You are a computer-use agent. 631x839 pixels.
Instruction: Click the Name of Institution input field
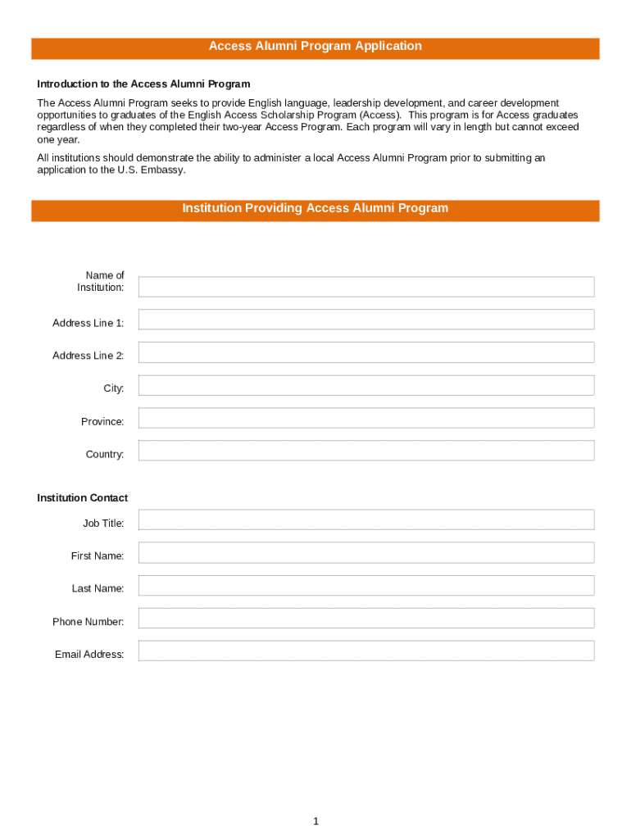click(x=365, y=287)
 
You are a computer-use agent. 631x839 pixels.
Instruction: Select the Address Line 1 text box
click(x=365, y=320)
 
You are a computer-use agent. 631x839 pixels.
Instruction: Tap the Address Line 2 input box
click(x=365, y=352)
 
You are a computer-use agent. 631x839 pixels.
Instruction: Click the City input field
click(x=365, y=385)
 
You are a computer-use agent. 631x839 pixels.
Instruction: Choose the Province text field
click(x=365, y=418)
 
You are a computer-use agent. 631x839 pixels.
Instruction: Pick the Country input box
click(x=365, y=451)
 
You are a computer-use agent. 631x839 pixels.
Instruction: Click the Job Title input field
click(x=365, y=519)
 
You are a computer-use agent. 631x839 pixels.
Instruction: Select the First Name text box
click(x=365, y=552)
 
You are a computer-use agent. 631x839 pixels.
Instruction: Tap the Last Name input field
click(x=365, y=585)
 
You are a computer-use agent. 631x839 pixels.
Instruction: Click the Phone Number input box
click(x=365, y=618)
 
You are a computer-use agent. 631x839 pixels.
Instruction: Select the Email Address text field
click(x=365, y=651)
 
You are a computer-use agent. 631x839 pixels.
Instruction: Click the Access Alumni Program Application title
click(x=315, y=47)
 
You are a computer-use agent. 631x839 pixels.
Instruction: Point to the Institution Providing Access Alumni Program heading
click(x=315, y=209)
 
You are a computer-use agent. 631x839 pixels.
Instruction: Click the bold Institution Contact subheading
click(x=82, y=498)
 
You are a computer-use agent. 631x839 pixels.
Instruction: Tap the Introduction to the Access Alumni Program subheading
click(x=143, y=84)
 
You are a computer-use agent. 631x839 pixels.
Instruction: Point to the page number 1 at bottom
click(x=315, y=821)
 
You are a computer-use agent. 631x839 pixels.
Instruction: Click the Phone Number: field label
click(x=89, y=622)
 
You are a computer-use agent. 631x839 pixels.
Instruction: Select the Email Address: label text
click(x=89, y=655)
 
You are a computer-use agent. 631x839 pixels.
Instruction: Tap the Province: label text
click(x=102, y=422)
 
